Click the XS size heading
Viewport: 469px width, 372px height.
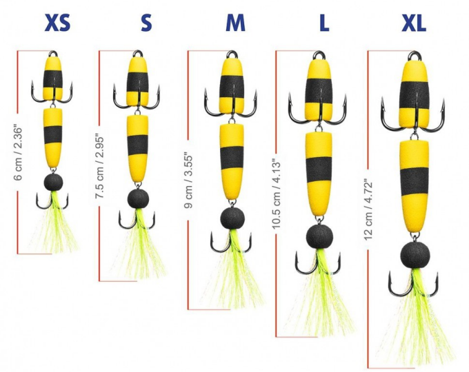tap(57, 23)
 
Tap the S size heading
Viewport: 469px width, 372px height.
tap(146, 23)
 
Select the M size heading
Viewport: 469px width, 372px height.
tap(235, 23)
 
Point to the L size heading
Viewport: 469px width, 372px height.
tap(323, 23)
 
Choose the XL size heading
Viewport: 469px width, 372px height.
tap(414, 23)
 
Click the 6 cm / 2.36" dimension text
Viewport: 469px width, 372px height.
tap(19, 153)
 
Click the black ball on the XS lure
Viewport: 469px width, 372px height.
tap(54, 183)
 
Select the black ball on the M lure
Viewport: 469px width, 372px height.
tap(232, 218)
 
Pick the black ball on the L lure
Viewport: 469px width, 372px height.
tap(317, 236)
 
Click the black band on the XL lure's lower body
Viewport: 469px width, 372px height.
tap(414, 181)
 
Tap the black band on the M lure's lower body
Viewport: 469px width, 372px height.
tap(232, 158)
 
